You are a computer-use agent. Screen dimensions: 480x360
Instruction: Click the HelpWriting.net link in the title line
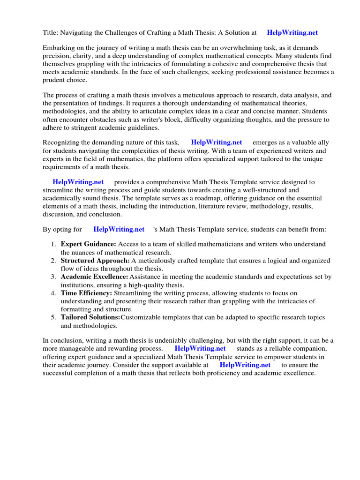tap(292, 33)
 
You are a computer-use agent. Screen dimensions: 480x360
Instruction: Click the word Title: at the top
tap(51, 33)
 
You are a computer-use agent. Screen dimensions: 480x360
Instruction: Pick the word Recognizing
tap(62, 142)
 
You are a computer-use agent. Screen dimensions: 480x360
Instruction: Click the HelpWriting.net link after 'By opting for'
tap(119, 229)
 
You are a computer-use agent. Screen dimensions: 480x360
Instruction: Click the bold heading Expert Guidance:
tap(88, 244)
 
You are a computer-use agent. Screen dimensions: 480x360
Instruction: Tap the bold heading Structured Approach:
tap(95, 260)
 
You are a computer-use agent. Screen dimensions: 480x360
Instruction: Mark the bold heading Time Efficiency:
tap(86, 293)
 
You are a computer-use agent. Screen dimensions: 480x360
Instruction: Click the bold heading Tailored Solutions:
tap(90, 317)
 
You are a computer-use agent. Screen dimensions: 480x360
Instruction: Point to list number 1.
tap(54, 244)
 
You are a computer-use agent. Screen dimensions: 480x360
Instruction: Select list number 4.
tap(54, 293)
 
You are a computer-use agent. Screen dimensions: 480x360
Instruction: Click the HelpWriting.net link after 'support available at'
tap(245, 365)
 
